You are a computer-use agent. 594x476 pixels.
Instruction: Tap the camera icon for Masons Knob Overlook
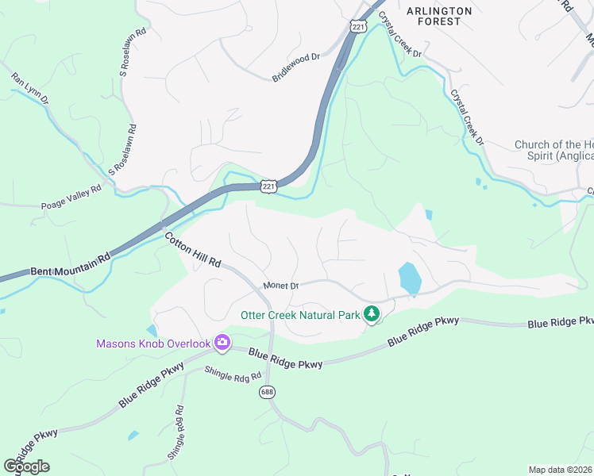pos(222,343)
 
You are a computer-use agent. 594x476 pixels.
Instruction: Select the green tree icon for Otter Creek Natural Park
pos(370,314)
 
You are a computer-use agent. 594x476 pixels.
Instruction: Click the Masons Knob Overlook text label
pos(153,344)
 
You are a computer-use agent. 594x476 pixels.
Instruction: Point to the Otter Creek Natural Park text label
pos(300,314)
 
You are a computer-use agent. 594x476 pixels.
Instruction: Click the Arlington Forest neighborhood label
pos(439,16)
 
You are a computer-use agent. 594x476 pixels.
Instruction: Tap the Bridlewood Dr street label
pos(295,67)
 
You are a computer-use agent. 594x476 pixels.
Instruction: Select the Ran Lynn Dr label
pos(30,89)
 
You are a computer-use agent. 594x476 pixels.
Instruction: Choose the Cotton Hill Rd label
pos(193,249)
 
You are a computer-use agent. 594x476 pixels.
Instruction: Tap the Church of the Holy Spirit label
pos(553,151)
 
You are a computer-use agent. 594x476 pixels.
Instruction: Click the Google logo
pos(26,466)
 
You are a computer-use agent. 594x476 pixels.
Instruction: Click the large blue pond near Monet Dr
pos(409,278)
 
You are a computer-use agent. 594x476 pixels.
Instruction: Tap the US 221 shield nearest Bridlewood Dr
pos(357,27)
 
